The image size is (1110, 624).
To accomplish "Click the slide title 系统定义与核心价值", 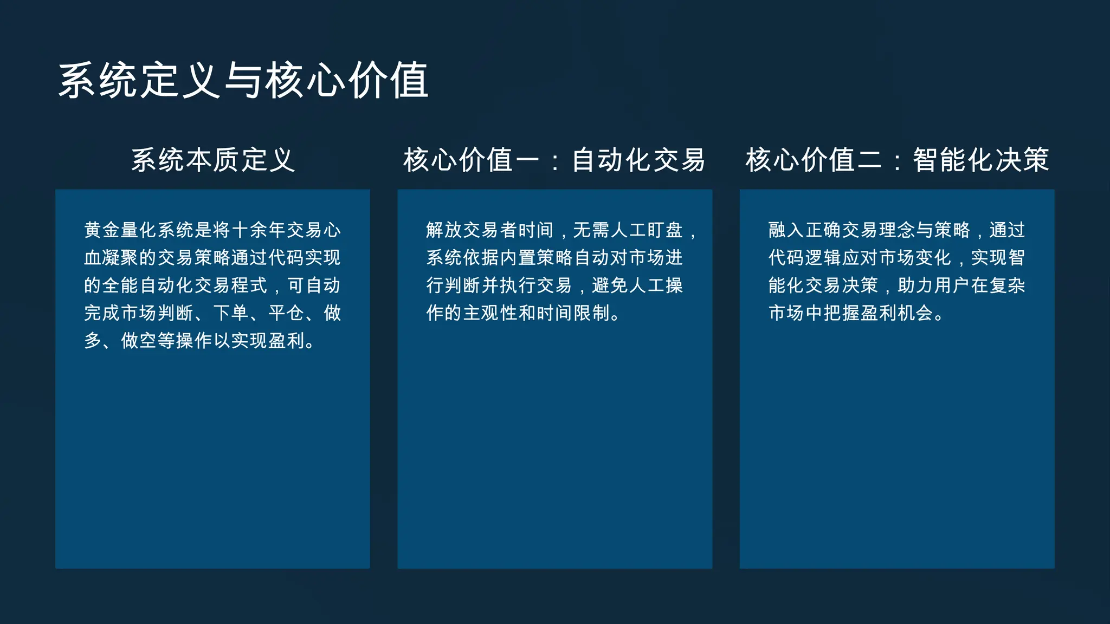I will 243,80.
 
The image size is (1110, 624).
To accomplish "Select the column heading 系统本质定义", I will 213,160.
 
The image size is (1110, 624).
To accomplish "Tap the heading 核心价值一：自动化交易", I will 554,160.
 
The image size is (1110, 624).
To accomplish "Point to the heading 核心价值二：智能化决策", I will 897,160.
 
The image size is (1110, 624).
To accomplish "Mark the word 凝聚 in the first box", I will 120,258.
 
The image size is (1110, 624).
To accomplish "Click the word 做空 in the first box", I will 139,341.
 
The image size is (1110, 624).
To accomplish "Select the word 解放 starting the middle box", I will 444,230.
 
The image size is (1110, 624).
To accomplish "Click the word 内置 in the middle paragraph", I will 518,258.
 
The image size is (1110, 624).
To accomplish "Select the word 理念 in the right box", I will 897,230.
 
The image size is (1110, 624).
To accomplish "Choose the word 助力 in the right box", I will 915,285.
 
